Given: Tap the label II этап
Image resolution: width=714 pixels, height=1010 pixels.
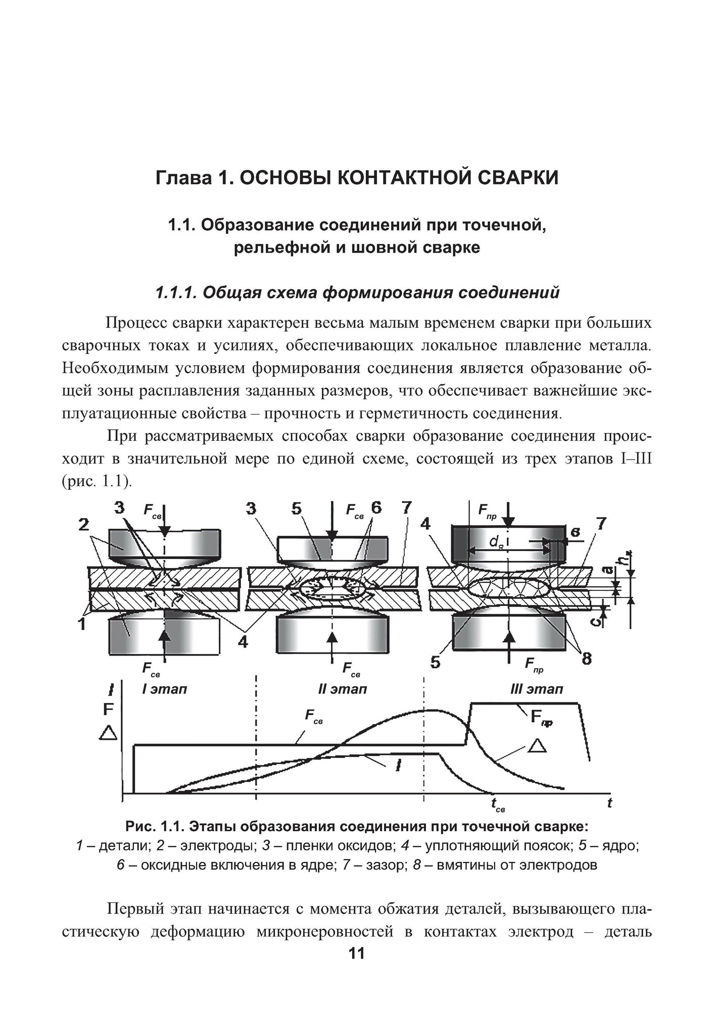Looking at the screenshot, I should click(342, 689).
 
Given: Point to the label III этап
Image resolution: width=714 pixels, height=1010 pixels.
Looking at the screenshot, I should click(537, 689).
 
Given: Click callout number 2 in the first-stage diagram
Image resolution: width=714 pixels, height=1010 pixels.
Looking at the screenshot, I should click(84, 525).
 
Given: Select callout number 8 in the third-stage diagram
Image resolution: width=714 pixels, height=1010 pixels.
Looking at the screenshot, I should click(586, 659).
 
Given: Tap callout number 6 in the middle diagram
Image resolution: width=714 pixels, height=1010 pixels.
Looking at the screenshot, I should click(375, 508).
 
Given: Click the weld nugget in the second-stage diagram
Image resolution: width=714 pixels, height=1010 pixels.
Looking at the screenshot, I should click(331, 589).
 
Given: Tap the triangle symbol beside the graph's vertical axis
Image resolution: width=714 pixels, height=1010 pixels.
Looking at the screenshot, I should click(109, 733).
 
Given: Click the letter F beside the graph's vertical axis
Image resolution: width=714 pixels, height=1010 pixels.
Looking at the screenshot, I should click(108, 709).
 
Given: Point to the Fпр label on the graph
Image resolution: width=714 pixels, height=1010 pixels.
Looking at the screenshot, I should click(540, 718).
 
